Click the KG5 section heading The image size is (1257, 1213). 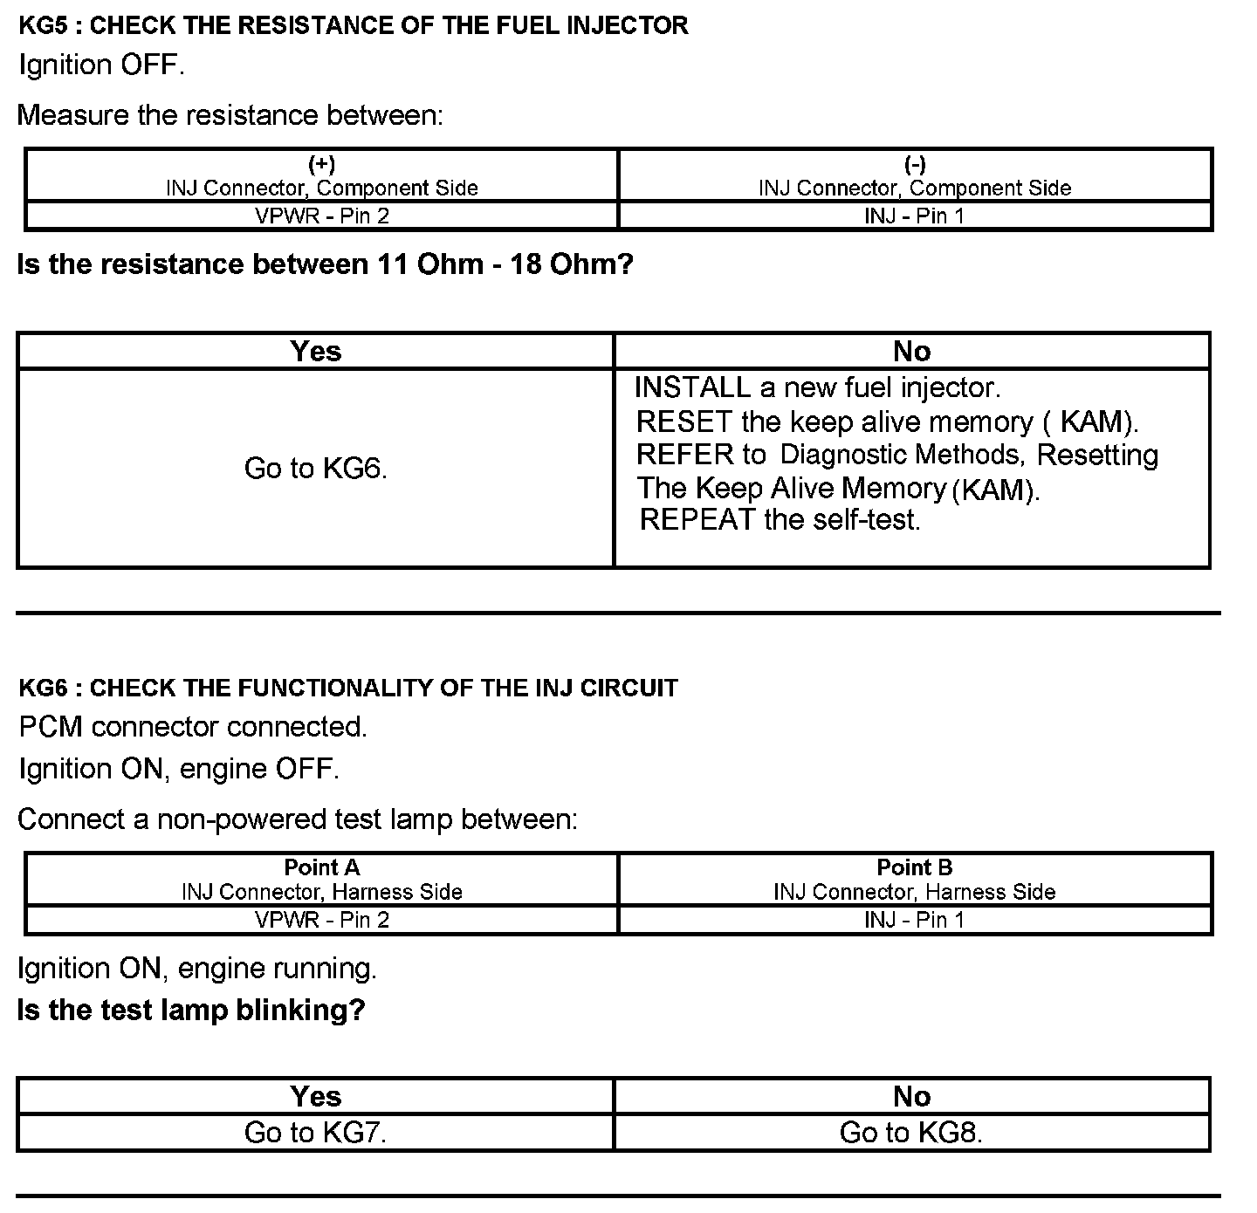click(353, 25)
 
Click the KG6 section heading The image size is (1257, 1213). click(347, 688)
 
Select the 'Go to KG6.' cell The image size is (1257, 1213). click(315, 469)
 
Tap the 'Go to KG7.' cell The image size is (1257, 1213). click(315, 1132)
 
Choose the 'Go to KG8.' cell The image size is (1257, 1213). click(910, 1132)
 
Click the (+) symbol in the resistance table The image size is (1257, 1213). click(321, 164)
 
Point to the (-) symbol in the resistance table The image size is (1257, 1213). click(915, 164)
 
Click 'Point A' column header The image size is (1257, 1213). click(321, 867)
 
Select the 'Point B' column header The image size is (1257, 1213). click(914, 867)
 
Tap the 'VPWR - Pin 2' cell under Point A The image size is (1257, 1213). click(321, 920)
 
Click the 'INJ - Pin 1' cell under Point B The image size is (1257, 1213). click(914, 920)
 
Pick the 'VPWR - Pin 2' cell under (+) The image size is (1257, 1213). click(321, 216)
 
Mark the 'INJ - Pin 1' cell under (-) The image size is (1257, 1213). click(914, 216)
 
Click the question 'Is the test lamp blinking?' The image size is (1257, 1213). click(191, 1010)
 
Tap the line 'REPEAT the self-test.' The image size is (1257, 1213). click(780, 520)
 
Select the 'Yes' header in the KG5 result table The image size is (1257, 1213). click(315, 351)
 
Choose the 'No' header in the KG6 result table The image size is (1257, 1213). click(911, 1096)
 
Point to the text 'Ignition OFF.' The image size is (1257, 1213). click(101, 65)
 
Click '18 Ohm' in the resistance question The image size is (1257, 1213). click(563, 264)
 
